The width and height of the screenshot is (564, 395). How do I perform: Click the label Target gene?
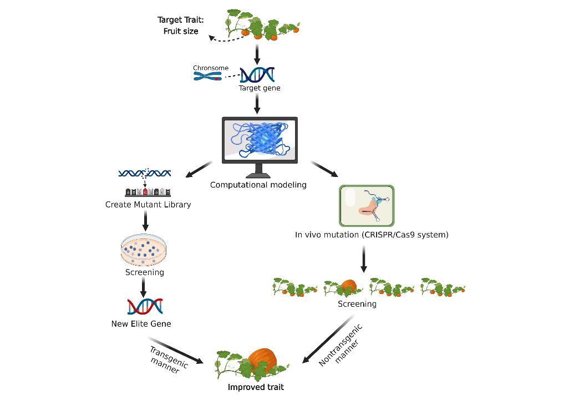coord(260,88)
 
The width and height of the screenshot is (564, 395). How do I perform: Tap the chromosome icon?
coord(207,76)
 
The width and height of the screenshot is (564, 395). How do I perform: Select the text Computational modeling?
coord(258,185)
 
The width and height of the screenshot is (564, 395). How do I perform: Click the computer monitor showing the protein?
coord(260,139)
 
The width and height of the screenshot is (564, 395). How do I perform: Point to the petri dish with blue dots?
coord(143,250)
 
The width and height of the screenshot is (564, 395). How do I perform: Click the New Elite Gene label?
coord(141,323)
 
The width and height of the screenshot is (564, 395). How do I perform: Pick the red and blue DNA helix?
coord(144,306)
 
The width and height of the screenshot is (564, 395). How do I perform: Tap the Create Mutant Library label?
coord(148,205)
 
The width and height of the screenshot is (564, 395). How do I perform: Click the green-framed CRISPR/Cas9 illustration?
coord(366,205)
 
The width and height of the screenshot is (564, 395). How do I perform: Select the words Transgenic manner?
coord(168,360)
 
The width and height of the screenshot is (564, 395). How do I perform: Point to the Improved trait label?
coord(256,387)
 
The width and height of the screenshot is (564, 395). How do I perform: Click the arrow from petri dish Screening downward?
coord(144,287)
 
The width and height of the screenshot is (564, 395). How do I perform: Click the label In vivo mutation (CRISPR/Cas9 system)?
coord(372,235)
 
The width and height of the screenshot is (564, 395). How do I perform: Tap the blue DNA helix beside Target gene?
coord(257,74)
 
